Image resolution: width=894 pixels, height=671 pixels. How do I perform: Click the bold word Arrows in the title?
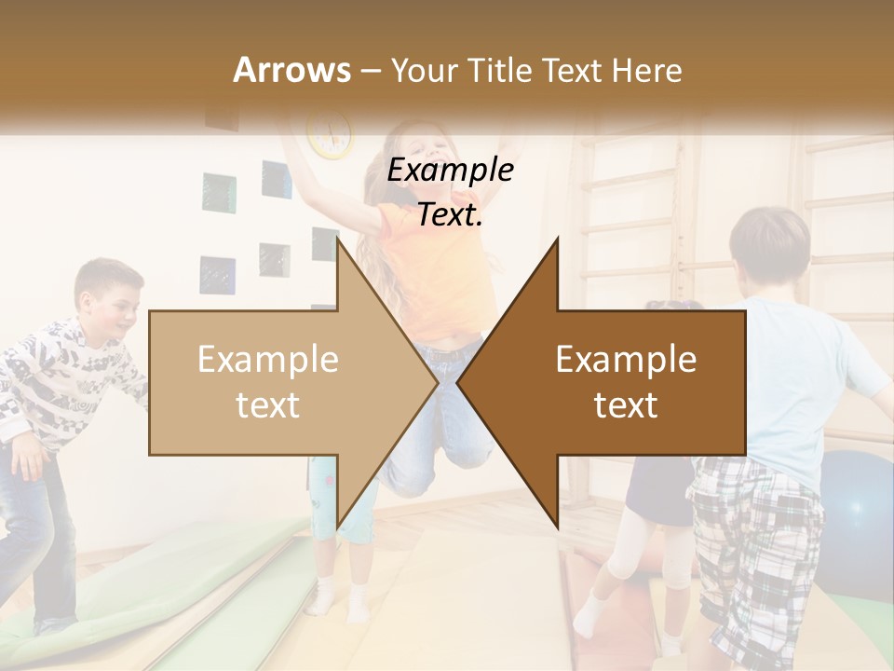click(x=291, y=70)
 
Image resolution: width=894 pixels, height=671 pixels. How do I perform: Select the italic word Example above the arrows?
click(x=451, y=171)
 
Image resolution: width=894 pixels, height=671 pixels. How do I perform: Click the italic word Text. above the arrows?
click(x=451, y=215)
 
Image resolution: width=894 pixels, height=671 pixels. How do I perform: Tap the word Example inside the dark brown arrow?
click(x=626, y=360)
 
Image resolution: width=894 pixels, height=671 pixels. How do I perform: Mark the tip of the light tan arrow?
click(x=436, y=382)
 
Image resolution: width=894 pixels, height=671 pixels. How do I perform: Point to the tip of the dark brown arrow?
click(x=459, y=382)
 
